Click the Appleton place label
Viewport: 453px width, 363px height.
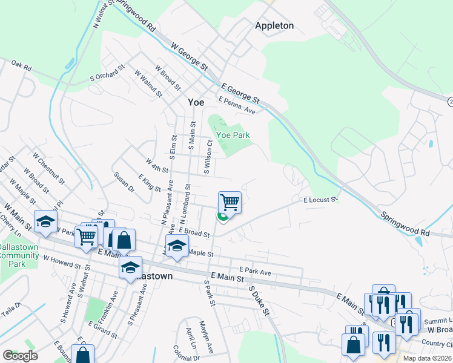(274, 25)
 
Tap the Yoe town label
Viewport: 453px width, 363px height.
(196, 102)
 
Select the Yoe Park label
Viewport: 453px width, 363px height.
(233, 136)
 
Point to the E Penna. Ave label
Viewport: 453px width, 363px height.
(237, 105)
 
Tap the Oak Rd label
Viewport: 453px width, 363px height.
(21, 65)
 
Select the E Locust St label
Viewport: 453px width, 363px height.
(320, 199)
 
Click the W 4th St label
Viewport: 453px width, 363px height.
(156, 164)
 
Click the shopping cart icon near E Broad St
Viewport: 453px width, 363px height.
(230, 202)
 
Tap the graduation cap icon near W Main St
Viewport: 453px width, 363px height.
(45, 221)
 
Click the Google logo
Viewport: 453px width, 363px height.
(20, 356)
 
